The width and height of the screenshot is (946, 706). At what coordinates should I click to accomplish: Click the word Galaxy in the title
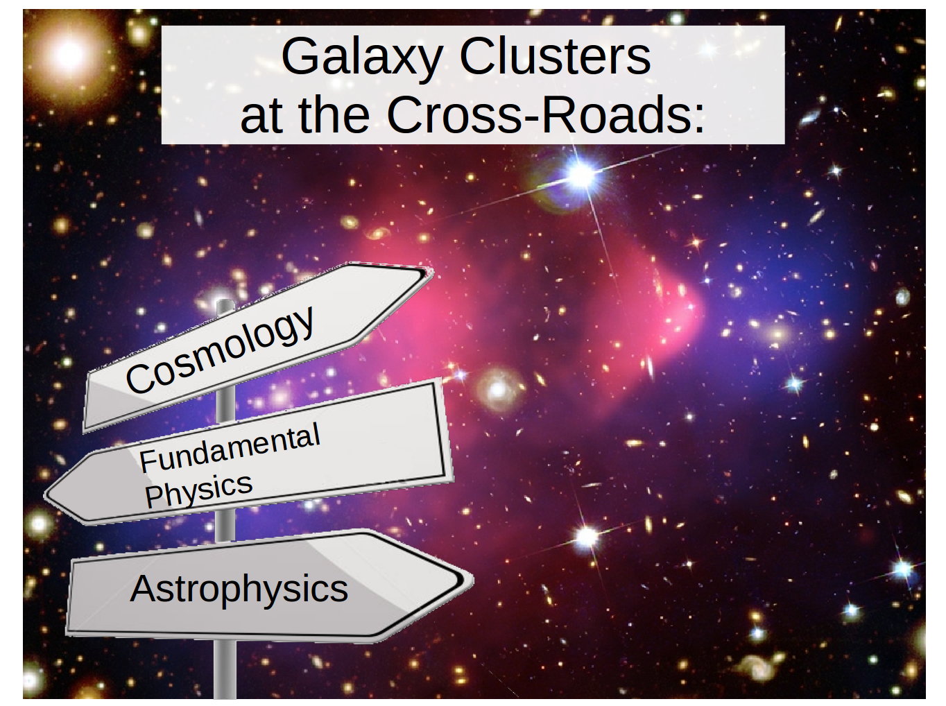(x=362, y=58)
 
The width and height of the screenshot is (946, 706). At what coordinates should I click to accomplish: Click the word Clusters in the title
(x=555, y=55)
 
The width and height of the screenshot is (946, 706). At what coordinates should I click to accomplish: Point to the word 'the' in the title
(x=334, y=114)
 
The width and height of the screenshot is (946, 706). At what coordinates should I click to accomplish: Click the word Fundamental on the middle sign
(x=230, y=448)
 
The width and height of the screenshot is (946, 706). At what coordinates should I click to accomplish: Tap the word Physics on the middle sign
(x=198, y=490)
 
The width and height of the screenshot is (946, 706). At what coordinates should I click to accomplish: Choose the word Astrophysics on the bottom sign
(x=239, y=589)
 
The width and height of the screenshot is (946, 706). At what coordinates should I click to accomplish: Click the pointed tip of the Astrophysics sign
(x=472, y=580)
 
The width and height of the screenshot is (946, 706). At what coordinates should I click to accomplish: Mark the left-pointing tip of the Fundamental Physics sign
(x=46, y=495)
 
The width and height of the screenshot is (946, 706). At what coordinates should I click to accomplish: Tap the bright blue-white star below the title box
(x=580, y=175)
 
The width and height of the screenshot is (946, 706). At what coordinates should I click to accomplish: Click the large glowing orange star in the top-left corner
(x=68, y=55)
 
